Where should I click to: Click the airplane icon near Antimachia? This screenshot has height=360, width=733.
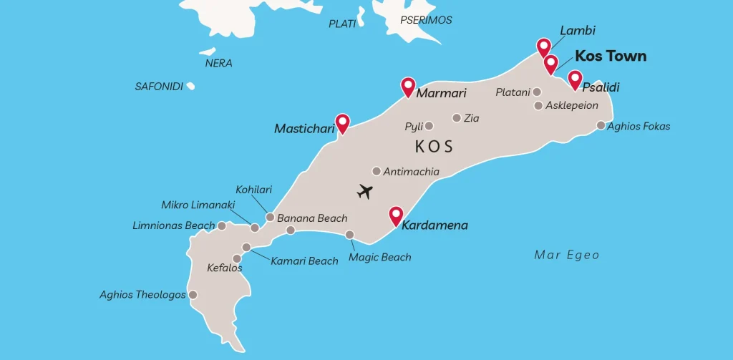365,192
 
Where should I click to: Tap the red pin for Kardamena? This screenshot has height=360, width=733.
395,215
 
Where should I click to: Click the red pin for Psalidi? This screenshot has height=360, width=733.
575,79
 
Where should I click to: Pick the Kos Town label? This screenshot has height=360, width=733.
611,57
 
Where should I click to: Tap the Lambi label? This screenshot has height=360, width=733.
578,31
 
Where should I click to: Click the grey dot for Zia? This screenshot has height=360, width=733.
457,118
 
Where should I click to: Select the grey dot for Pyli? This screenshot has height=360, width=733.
429,126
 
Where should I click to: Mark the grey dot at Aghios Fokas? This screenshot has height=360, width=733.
601,126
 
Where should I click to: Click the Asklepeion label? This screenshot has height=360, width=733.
571,105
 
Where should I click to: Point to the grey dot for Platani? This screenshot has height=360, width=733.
537,92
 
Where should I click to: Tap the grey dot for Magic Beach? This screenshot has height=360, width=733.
350,235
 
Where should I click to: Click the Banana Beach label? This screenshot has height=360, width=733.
312,218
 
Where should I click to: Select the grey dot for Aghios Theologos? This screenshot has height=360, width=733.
193,294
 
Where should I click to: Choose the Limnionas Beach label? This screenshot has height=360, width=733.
173,225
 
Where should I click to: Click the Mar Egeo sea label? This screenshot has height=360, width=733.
566,255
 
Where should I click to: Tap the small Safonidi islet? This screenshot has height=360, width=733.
190,87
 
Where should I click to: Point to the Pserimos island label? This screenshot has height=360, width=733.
426,20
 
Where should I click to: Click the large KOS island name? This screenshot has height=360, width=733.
434,147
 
